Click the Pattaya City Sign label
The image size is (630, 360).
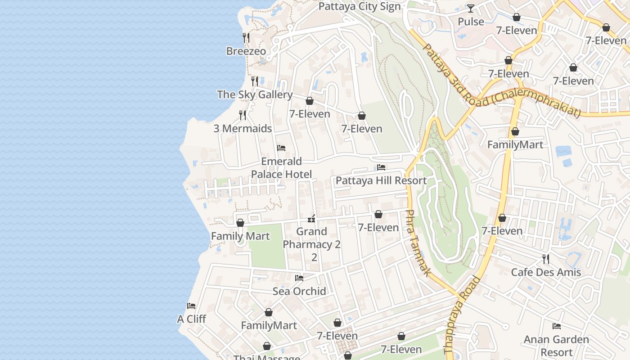point(359,7)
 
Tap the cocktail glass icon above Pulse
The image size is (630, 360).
point(471,9)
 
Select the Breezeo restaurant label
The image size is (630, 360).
point(246,51)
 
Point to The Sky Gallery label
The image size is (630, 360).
point(255,94)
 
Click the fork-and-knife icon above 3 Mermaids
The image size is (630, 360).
point(243,115)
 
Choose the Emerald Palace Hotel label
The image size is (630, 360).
point(281,168)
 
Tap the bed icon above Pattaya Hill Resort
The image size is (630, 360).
point(381,167)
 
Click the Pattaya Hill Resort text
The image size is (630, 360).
point(381,180)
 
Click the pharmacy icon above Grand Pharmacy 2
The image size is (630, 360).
point(311,219)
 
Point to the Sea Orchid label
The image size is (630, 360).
point(299,291)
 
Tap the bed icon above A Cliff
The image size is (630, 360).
point(191,306)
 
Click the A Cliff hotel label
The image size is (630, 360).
point(191,319)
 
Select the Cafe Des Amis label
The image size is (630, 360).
point(546,272)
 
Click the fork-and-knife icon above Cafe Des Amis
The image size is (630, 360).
point(546,259)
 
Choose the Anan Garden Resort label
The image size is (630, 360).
point(557,346)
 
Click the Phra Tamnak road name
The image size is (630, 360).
point(418,243)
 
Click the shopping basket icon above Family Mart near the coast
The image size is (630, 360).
point(240,223)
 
